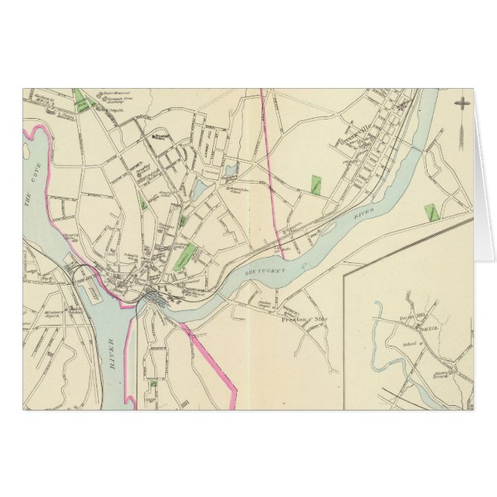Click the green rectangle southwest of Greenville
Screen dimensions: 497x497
coord(316,184)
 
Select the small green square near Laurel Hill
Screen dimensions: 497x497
coord(154,383)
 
